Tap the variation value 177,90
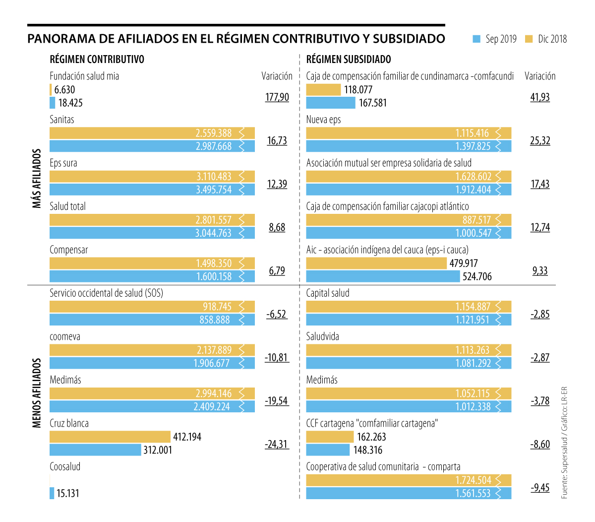tap(277, 97)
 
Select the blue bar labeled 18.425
tap(53, 103)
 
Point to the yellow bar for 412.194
tap(110, 437)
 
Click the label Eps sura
tap(63, 163)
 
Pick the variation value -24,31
tap(277, 444)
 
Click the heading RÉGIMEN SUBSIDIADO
tap(349, 60)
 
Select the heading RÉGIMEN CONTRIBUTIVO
tap(97, 60)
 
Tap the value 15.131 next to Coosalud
tap(67, 493)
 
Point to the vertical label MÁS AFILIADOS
tap(37, 178)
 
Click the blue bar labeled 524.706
tap(383, 276)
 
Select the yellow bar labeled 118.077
tap(323, 90)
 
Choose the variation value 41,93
tap(540, 97)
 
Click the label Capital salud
tap(328, 293)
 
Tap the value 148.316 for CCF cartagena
tap(367, 450)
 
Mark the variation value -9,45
tap(540, 488)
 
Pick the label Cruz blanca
tap(69, 423)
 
